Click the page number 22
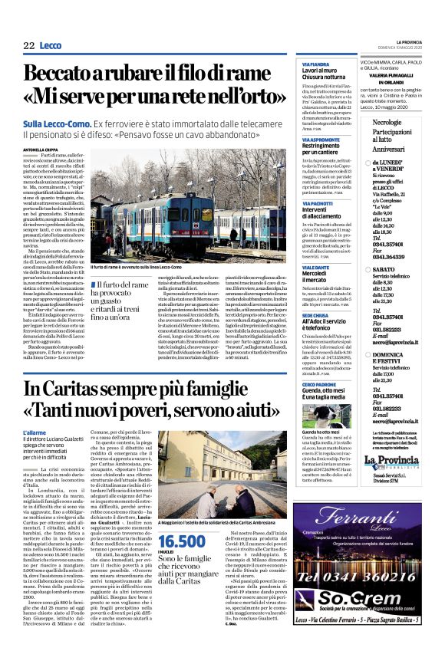tap(28, 46)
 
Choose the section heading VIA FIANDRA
tap(315, 64)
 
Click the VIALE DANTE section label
tap(315, 268)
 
